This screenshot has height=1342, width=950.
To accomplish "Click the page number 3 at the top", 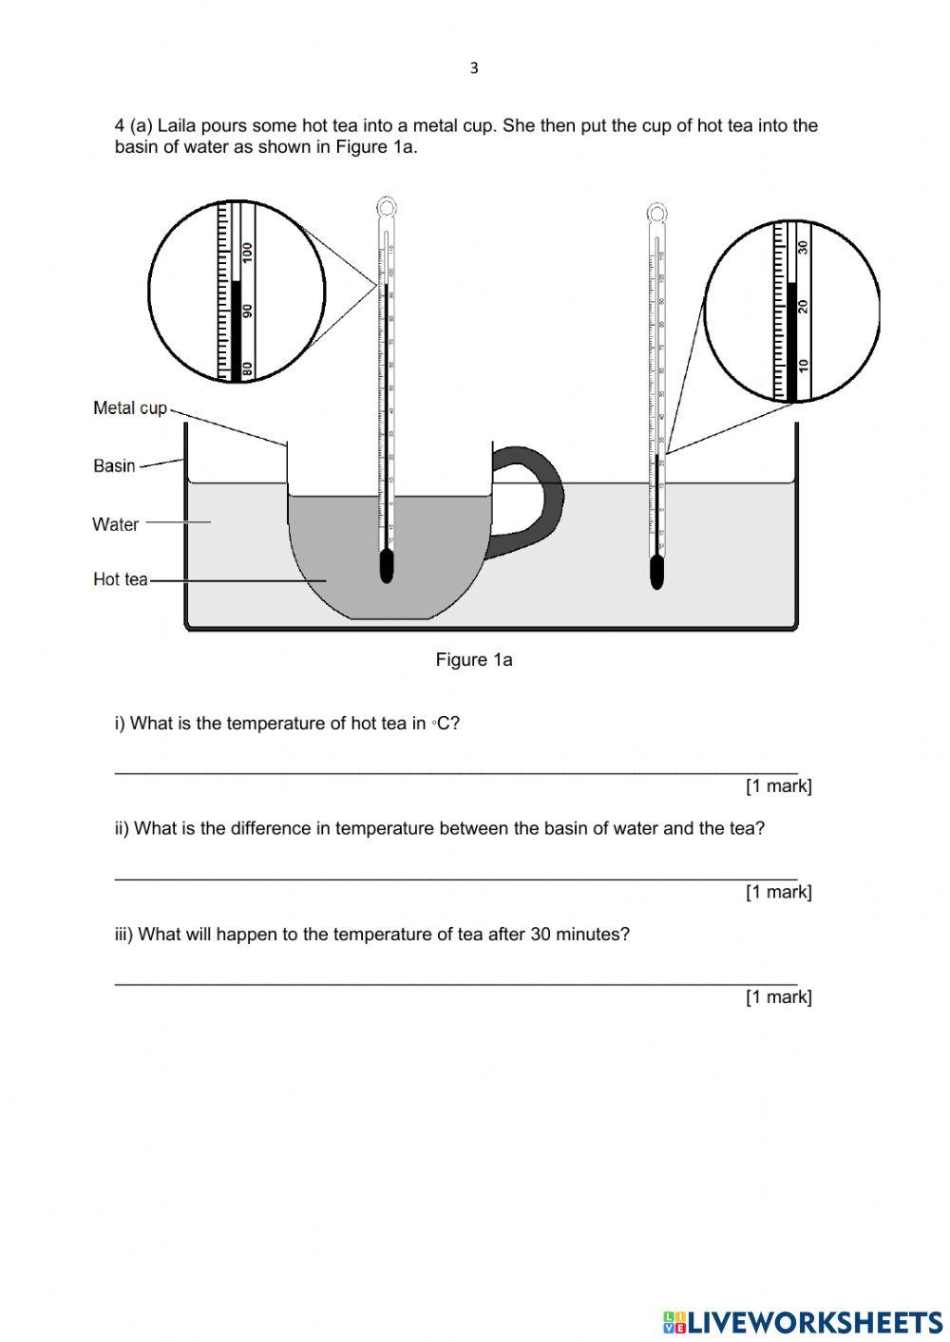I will [474, 68].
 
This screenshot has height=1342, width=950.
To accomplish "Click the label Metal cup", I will [130, 408].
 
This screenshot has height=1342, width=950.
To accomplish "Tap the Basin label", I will [114, 465].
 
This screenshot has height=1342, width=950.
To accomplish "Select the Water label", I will [116, 524].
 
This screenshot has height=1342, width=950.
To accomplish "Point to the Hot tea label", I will [121, 579].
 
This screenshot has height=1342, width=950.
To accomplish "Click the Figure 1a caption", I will [474, 660].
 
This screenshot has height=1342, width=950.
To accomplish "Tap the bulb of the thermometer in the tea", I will [386, 567].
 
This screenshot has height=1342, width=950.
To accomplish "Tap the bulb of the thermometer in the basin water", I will [656, 573].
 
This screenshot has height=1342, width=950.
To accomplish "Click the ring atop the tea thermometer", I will [387, 205].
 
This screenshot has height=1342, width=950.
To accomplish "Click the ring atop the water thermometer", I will [656, 211].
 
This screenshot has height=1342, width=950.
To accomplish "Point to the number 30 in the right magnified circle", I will [804, 247].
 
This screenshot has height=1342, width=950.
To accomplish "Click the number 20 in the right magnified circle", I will [804, 306].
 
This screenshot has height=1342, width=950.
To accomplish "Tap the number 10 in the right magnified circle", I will [804, 365].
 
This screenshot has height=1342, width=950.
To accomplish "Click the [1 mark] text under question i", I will [779, 786].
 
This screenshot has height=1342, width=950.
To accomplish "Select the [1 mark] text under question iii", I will [779, 997].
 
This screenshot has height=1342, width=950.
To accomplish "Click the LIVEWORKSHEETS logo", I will [804, 1321].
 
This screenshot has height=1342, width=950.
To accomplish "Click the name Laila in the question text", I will [178, 126].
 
